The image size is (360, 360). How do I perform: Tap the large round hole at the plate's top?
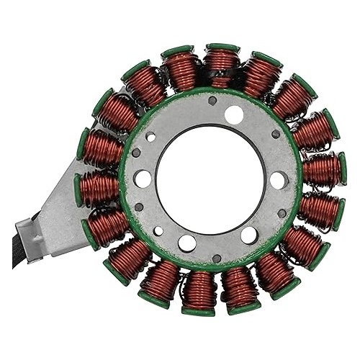click(x=233, y=114)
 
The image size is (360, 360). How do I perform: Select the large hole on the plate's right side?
click(x=279, y=180)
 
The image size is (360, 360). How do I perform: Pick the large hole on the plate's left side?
click(x=143, y=179)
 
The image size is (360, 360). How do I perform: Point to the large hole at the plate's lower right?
click(x=249, y=235)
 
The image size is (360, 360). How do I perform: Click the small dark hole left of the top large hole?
click(x=212, y=101)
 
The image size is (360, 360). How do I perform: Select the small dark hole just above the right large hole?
click(x=276, y=134)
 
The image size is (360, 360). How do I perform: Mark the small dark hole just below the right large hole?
click(x=282, y=213)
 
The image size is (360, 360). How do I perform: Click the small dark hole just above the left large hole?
click(x=136, y=152)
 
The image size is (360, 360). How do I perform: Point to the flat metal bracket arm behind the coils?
click(x=58, y=209)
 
